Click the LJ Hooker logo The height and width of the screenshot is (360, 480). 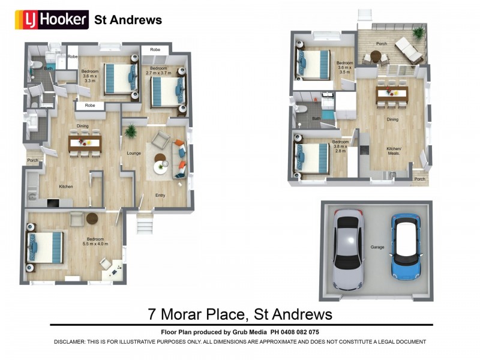coord(52,20)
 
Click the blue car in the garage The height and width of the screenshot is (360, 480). coord(406,246)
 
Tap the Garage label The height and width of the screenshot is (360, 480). coord(377,247)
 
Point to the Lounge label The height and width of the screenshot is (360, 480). coord(134,153)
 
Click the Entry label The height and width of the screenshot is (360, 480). coord(160,195)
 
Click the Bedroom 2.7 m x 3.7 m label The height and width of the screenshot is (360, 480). coord(160,71)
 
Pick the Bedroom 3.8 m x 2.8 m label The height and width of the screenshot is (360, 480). coord(341,145)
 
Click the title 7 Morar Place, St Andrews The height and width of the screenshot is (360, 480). coord(240,314)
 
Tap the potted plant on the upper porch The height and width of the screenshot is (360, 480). coord(418,32)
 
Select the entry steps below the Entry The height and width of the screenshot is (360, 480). coord(145,226)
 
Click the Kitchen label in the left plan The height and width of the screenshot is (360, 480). coord(65,187)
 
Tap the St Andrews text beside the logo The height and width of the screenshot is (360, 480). coord(128,20)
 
